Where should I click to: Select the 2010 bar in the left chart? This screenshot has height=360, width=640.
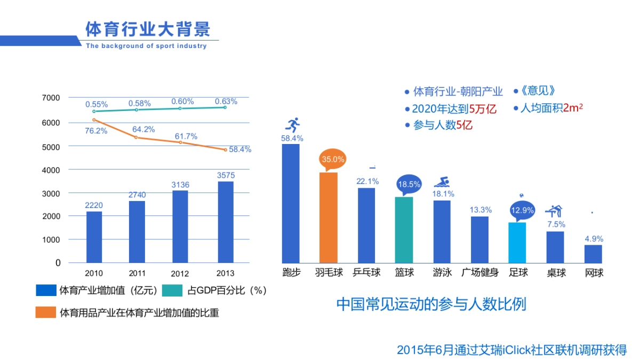coord(94,237)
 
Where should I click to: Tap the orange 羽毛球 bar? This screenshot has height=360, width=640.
coord(328,217)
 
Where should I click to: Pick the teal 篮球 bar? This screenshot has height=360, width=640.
coord(404,229)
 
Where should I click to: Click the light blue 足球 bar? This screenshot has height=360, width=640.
coord(517,242)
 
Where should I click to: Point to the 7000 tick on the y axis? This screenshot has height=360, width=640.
coord(52,98)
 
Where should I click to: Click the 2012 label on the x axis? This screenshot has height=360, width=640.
coord(180,274)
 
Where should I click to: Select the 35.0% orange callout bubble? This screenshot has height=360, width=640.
coord(333,159)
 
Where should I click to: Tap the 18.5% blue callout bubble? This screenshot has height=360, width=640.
coord(409,185)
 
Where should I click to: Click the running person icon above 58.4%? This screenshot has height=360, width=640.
coord(292,125)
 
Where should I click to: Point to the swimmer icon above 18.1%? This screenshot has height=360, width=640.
coord(443,182)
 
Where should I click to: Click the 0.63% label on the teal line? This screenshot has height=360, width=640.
coord(226,101)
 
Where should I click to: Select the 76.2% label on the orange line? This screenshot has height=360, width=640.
coord(96,131)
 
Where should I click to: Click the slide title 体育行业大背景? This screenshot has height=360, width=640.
coord(148,28)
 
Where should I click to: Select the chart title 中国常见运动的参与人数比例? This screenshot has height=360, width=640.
coord(431,304)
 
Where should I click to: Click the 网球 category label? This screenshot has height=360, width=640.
coord(594,273)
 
